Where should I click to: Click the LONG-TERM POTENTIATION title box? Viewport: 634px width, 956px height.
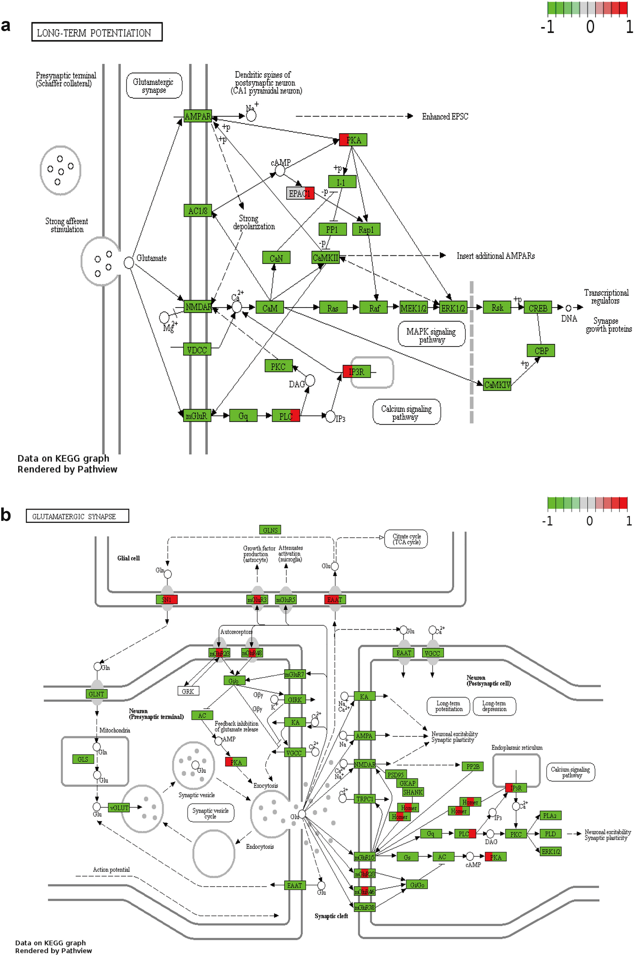97,32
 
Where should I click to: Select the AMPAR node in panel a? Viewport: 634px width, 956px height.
197,116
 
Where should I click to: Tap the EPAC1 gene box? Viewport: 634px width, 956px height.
300,193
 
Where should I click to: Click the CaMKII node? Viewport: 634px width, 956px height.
325,257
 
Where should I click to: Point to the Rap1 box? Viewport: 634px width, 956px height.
366,229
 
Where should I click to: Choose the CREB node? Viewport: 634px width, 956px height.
538,308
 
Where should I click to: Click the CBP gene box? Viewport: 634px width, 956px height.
541,351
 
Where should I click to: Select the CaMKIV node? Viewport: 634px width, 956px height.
497,385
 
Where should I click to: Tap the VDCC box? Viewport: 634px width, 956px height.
197,349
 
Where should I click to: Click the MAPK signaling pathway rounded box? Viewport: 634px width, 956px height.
431,334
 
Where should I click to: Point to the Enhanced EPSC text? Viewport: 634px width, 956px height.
445,117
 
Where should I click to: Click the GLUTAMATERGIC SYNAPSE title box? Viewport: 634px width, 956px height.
77,516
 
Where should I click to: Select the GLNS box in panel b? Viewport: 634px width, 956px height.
270,530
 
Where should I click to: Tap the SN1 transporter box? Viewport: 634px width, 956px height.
167,600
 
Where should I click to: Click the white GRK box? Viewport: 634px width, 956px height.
188,691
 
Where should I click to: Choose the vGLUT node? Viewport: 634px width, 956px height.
119,808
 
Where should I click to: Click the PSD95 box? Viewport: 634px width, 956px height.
395,775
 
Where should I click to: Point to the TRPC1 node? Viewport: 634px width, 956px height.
364,799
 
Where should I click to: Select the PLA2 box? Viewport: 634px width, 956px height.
550,816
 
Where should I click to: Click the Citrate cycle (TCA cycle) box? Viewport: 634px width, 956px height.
406,539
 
